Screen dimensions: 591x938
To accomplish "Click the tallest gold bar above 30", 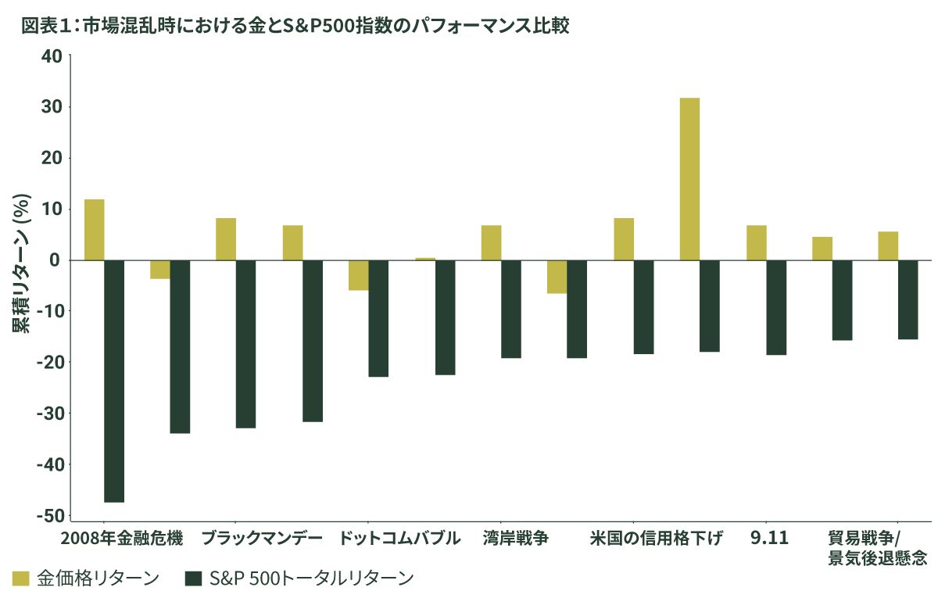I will coord(689,178).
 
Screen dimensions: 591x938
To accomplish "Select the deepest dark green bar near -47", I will coord(114,381).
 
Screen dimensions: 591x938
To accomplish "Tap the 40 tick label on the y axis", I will coord(52,56).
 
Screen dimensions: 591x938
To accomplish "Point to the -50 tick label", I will coord(48,516).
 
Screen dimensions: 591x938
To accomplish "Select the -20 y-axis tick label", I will coord(48,363).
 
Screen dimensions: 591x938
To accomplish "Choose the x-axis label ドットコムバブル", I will coord(399,539).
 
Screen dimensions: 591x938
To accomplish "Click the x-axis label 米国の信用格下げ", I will coord(657,539).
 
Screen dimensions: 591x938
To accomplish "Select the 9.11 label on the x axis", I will coord(770,539).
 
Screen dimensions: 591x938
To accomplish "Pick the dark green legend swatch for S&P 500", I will coord(193,578).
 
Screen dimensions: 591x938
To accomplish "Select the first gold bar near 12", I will coord(95,229).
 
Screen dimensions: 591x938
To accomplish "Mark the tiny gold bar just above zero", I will coord(425,258).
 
